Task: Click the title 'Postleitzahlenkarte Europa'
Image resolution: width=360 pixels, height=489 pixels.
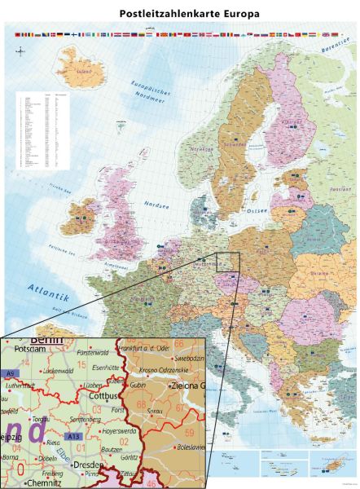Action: (x=179, y=14)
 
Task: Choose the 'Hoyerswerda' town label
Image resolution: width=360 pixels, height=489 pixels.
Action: (x=119, y=431)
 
